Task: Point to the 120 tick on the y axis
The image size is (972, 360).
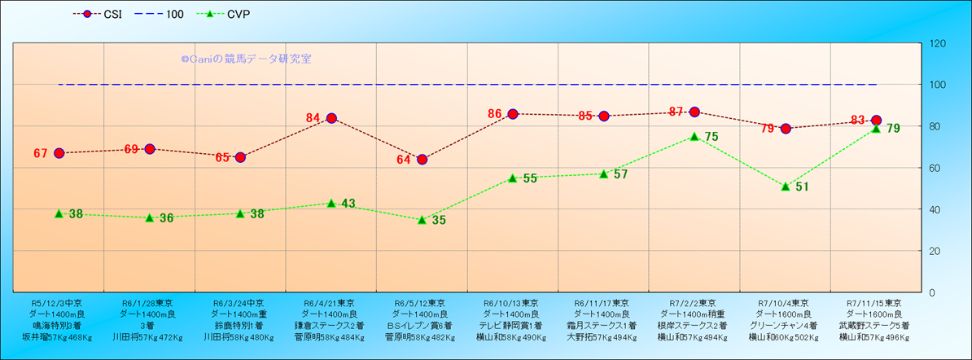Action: coord(937,43)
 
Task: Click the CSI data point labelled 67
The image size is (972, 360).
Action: coord(59,153)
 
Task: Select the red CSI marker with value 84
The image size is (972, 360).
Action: coord(331,118)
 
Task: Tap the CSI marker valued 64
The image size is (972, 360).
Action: coord(422,160)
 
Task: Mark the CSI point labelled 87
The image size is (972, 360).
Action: coord(694,112)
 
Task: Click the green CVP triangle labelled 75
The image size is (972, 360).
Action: coord(694,136)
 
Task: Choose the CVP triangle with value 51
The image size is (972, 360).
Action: coord(786,187)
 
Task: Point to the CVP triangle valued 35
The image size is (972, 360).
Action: coord(422,219)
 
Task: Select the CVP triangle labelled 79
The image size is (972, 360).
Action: coord(876,128)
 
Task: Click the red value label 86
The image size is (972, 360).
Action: coord(495,114)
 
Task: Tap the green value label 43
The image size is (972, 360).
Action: coord(348,204)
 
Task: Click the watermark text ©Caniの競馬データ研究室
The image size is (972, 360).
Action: coord(246,59)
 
